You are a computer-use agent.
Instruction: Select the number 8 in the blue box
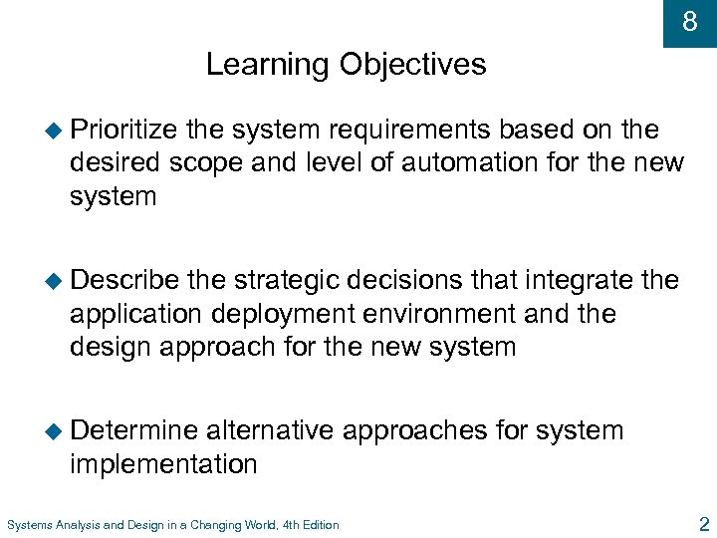coord(689,22)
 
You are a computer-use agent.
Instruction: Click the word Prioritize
coord(123,131)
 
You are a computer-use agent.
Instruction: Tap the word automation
coord(485,163)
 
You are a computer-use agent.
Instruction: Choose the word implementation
coord(163,464)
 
